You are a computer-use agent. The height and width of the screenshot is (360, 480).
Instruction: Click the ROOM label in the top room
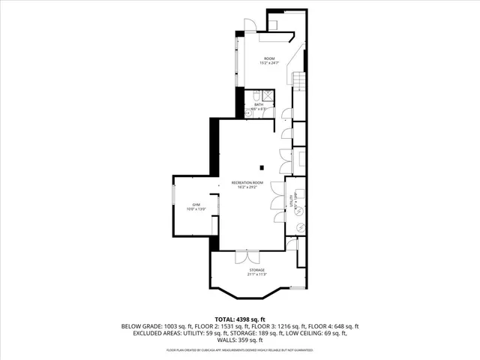coord(269,58)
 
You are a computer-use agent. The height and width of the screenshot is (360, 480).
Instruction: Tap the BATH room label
coord(259,105)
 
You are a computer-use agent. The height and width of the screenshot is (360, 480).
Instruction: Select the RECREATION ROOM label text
coord(247,182)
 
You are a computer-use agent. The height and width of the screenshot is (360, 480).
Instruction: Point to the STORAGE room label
coord(256,270)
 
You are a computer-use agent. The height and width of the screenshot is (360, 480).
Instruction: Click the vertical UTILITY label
coord(289,200)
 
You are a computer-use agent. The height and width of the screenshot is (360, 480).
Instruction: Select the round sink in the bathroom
coord(249,112)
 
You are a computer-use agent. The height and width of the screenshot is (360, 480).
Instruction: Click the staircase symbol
coord(298,78)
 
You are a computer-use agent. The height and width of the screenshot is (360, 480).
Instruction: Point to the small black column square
coord(262,167)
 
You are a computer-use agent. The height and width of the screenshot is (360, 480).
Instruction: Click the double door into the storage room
coord(247,256)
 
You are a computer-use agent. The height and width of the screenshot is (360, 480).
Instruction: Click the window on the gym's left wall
coord(174,204)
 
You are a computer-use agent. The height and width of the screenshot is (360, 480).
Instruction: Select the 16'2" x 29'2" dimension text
coord(247,187)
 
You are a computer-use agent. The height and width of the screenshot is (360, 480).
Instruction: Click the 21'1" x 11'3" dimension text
coord(256,274)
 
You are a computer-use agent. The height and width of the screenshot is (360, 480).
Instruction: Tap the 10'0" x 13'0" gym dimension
coord(196,209)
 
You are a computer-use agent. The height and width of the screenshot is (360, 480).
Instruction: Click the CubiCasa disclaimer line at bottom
coord(240,349)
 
